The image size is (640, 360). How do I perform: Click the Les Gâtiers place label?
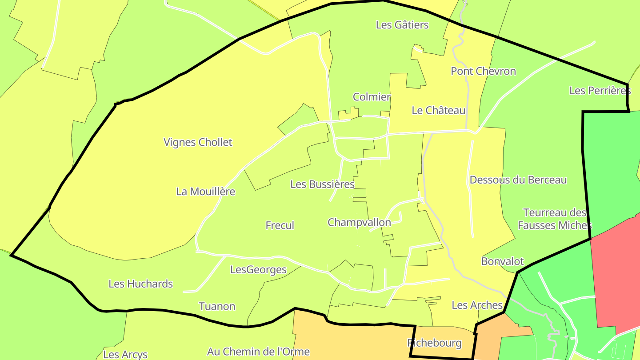click(x=402, y=25)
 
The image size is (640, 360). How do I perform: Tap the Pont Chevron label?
click(x=483, y=71)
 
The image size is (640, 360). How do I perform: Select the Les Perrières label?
click(x=600, y=91)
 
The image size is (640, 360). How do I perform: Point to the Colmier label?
click(x=372, y=97)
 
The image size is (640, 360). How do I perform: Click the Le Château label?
click(x=438, y=110)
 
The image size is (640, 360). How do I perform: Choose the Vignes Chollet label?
click(x=198, y=142)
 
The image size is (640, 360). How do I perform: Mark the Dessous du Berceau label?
click(x=518, y=180)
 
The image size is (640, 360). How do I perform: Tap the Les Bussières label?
click(x=322, y=184)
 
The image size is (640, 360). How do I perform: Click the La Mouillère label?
click(x=205, y=192)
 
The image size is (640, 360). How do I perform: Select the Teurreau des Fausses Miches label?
click(x=555, y=219)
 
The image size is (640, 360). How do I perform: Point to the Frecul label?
click(x=280, y=225)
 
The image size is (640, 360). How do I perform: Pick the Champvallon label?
click(x=359, y=222)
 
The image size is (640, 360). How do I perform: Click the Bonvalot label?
click(x=502, y=261)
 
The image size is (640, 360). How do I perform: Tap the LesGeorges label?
click(x=258, y=270)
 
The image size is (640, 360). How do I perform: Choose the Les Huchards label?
click(x=140, y=284)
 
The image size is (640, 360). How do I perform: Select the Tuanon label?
click(x=217, y=306)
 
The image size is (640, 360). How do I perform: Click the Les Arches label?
click(x=477, y=305)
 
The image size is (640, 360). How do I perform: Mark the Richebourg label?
click(x=434, y=343)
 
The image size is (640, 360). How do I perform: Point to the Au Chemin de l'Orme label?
click(x=258, y=352)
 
